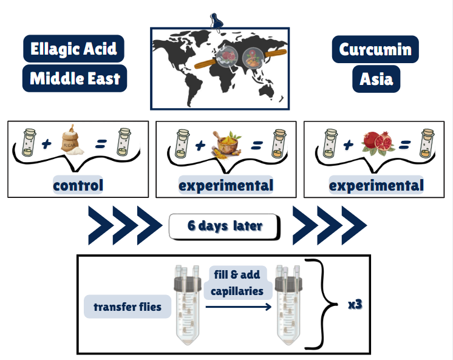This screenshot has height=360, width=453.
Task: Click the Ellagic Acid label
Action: (73, 49)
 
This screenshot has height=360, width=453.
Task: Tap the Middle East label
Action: (75, 78)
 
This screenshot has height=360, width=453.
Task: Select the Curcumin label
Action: (375, 49)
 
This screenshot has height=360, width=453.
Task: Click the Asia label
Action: (376, 79)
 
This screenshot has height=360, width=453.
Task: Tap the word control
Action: (78, 185)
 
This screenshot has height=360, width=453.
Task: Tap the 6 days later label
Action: (225, 226)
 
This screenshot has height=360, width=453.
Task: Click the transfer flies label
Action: (128, 307)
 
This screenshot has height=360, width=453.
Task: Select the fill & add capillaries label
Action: (237, 283)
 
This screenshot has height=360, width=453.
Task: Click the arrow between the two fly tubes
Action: (237, 307)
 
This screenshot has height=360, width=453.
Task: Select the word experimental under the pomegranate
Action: (376, 185)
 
